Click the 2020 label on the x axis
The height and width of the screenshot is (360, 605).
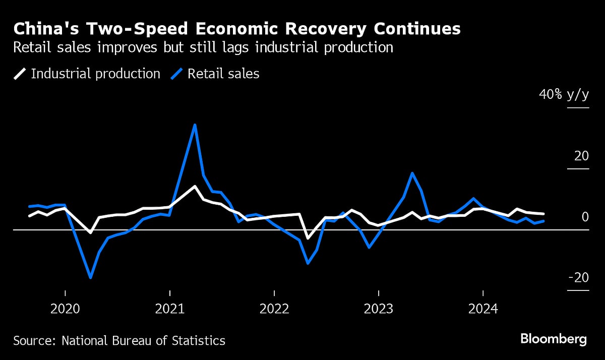pyautogui.click(x=66, y=309)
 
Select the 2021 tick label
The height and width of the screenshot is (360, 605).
pyautogui.click(x=170, y=309)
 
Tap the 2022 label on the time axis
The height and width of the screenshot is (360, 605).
pyautogui.click(x=274, y=309)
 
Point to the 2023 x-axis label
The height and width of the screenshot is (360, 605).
pyautogui.click(x=379, y=309)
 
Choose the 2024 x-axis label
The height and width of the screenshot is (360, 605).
pyautogui.click(x=483, y=309)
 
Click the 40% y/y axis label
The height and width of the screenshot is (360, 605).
pyautogui.click(x=564, y=95)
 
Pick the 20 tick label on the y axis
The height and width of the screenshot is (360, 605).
pyautogui.click(x=581, y=156)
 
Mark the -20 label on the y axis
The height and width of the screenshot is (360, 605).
pyautogui.click(x=578, y=278)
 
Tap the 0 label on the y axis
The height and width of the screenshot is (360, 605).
pyautogui.click(x=585, y=217)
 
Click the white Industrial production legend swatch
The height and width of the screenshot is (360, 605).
pyautogui.click(x=20, y=74)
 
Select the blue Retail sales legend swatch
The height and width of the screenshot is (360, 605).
pyautogui.click(x=176, y=74)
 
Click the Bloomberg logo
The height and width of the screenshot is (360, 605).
pyautogui.click(x=553, y=338)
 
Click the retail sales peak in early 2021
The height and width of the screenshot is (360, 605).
pyautogui.click(x=195, y=125)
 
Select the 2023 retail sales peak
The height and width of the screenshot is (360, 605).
pyautogui.click(x=412, y=173)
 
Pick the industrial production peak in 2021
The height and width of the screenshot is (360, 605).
pyautogui.click(x=195, y=186)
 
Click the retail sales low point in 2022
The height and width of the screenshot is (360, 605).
pyautogui.click(x=308, y=263)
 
